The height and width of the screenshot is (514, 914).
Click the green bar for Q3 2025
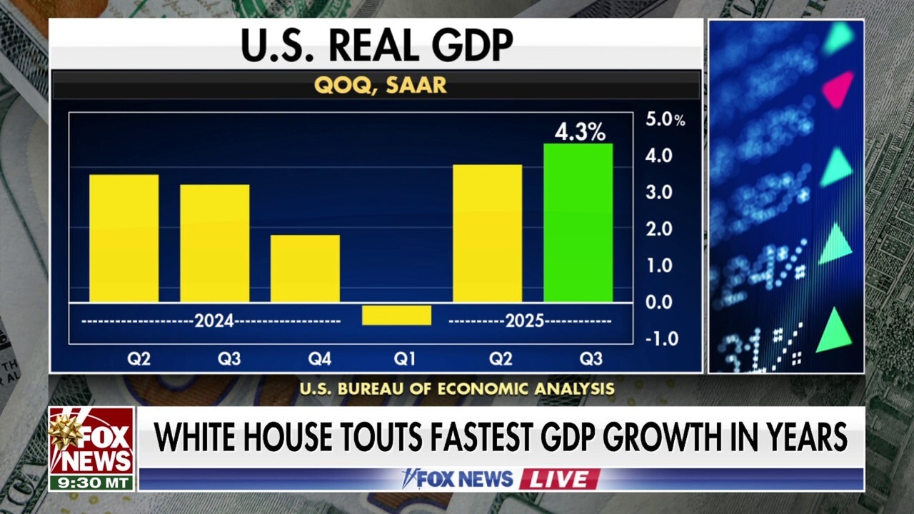coord(578,223)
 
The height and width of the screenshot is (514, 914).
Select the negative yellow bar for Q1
coord(396,315)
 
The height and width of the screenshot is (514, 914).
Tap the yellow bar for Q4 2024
coord(305,268)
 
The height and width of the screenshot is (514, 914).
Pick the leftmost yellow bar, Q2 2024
coord(124,238)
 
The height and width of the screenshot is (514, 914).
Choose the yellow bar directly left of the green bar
coord(487,233)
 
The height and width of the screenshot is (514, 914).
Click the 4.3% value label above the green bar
coord(580,132)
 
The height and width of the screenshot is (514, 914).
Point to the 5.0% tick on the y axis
coord(664,120)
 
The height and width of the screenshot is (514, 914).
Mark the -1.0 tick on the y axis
coord(661,339)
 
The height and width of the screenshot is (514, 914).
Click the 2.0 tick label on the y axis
coord(658,229)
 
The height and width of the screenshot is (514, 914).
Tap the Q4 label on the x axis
coord(319,359)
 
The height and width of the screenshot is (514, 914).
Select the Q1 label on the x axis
coord(405,359)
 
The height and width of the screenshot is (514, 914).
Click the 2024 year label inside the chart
coord(214,321)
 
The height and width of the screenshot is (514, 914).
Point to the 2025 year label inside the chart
coord(525,321)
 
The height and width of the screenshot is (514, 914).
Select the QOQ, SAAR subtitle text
coord(380,85)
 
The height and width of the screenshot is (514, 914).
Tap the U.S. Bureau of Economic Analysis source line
coord(457,389)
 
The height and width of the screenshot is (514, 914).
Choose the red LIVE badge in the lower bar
coord(559,479)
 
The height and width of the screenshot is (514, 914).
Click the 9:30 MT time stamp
coord(91,483)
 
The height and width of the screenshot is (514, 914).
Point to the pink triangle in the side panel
coord(838,89)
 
